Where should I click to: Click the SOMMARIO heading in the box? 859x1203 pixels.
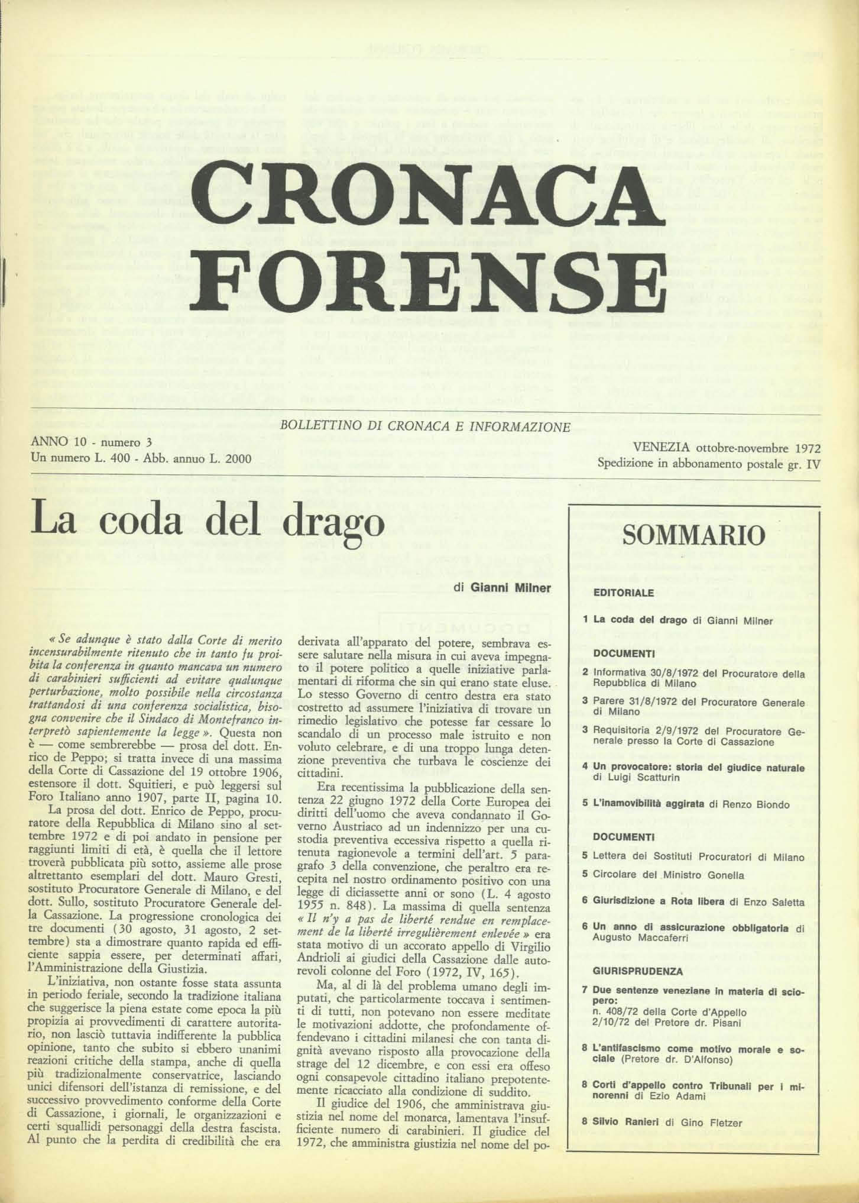(x=695, y=536)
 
